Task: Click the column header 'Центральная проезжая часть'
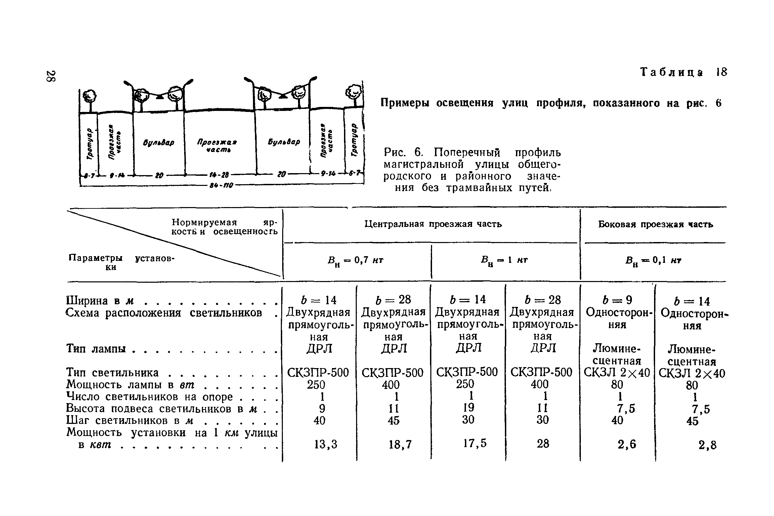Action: pyautogui.click(x=433, y=224)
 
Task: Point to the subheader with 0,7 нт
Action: pyautogui.click(x=355, y=261)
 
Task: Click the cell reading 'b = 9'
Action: pyautogui.click(x=617, y=300)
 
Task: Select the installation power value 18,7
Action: pyautogui.click(x=400, y=445)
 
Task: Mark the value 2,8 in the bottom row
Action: pyautogui.click(x=707, y=445)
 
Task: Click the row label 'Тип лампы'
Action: pyautogui.click(x=96, y=349)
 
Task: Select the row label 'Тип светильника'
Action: pyautogui.click(x=113, y=372)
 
